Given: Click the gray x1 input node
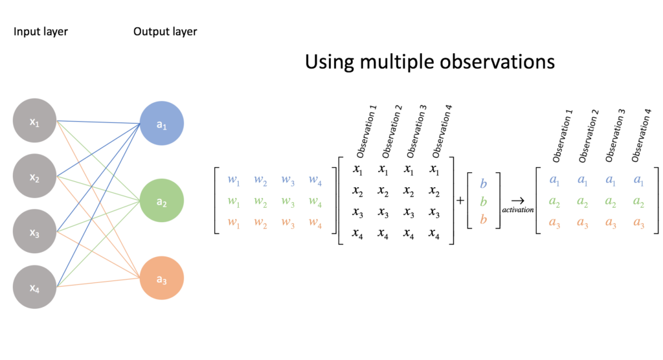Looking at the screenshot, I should tap(34, 121).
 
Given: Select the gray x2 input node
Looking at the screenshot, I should tap(34, 176).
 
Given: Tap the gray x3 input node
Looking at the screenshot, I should tap(34, 231).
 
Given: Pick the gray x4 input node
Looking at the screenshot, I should tap(34, 286).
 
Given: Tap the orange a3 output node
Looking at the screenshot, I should tap(162, 278).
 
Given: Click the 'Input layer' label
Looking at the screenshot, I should tap(40, 31).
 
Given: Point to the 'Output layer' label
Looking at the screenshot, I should tap(165, 31).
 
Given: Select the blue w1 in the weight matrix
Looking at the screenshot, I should tap(233, 180).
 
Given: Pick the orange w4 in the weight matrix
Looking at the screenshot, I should tap(315, 223).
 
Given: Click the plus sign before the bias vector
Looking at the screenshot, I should tap(460, 201).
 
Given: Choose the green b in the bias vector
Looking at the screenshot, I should tap(483, 201).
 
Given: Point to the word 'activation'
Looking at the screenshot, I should tap(517, 211).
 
